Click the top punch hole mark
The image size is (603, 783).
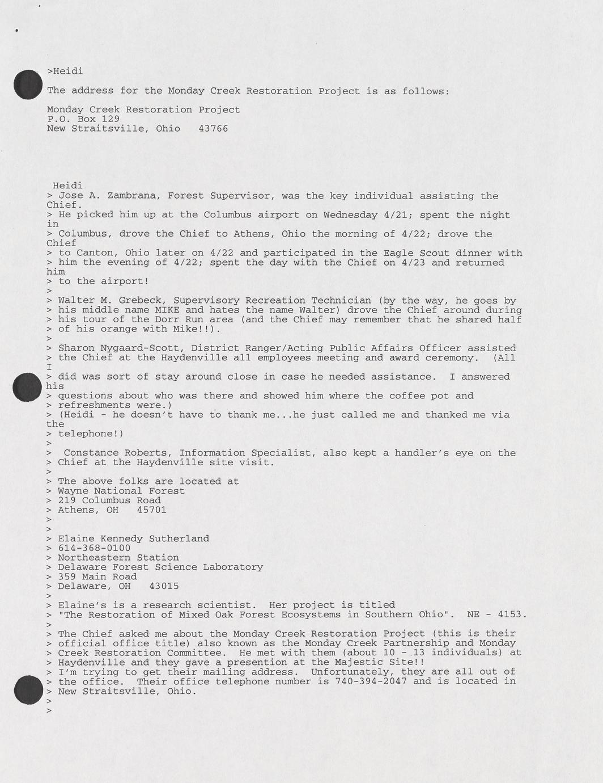(28, 85)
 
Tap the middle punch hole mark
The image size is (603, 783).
(28, 387)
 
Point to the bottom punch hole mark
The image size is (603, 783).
(28, 691)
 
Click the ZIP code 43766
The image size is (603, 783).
(213, 129)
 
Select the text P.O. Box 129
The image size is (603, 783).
(83, 119)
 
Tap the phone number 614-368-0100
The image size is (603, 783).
(94, 548)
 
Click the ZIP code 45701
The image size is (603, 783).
(152, 510)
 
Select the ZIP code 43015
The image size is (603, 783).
(164, 586)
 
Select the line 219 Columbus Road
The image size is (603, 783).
(109, 500)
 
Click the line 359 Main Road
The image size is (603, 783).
(97, 576)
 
